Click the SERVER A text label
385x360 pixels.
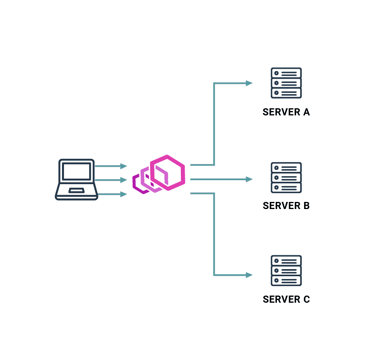tap(286, 112)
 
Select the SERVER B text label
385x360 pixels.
tap(286, 206)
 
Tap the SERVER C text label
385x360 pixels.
tap(286, 300)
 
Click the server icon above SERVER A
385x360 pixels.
tap(286, 83)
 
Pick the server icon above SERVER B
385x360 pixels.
tap(286, 177)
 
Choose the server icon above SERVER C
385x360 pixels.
tap(286, 271)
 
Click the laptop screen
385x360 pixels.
tap(76, 171)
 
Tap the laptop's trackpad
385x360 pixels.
tap(76, 190)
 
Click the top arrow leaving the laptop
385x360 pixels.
tap(111, 166)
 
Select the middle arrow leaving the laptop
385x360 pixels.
tap(111, 180)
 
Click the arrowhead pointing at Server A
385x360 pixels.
tap(249, 83)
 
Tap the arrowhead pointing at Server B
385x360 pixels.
tap(249, 179)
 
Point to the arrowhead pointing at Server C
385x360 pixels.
tap(249, 275)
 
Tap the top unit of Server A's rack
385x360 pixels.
tap(286, 73)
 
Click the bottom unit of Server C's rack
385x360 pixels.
tap(286, 281)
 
